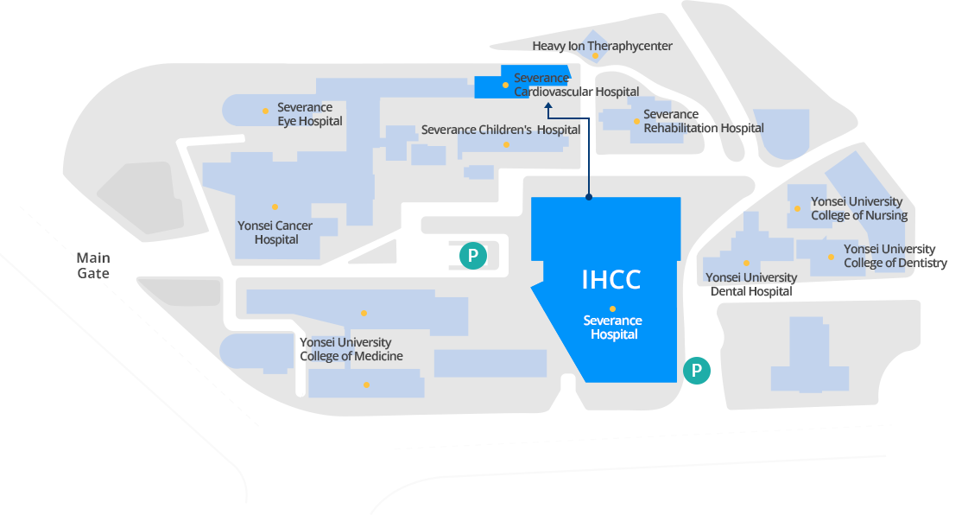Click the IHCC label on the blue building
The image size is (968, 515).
coord(611,280)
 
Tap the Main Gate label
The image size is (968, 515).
coord(93,265)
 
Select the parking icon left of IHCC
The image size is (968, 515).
coord(472,256)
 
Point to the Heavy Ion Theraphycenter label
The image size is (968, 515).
coord(602,46)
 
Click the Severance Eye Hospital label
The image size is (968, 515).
coord(309,114)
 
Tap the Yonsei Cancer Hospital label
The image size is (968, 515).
coord(275,232)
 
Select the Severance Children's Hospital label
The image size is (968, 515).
coord(501,130)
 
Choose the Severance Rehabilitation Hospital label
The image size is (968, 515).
coord(703,121)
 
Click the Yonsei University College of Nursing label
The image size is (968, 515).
coord(858,208)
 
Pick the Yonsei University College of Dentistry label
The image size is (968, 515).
coord(895,256)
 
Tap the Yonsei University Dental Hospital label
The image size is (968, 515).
coord(751,284)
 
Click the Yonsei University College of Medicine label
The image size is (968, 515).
coord(351,349)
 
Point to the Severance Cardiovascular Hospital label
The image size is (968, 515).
coord(576,85)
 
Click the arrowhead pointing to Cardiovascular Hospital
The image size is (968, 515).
coord(547,107)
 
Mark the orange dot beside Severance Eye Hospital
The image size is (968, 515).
coord(265,111)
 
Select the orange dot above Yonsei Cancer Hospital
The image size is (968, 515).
coord(275,207)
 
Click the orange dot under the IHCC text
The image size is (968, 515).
coord(612,308)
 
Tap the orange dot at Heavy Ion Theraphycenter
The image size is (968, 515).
coord(595,56)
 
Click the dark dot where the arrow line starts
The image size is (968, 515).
coord(589,197)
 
